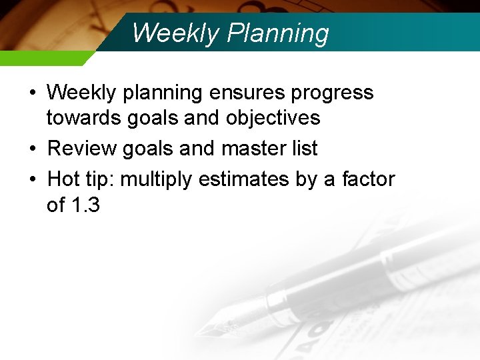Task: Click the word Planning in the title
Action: [278, 33]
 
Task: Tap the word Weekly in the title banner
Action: [176, 33]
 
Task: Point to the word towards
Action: [83, 117]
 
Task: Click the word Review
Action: [82, 148]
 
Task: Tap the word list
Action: [305, 148]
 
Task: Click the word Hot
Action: [63, 179]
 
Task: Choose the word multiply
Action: [156, 180]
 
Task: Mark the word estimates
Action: [244, 179]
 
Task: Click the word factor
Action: [369, 179]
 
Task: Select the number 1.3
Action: [85, 205]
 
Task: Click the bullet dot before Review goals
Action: [33, 149]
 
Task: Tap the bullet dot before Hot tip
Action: [33, 179]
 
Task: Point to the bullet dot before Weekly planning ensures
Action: [33, 92]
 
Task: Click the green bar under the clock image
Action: [45, 58]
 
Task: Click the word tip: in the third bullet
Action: [100, 180]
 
